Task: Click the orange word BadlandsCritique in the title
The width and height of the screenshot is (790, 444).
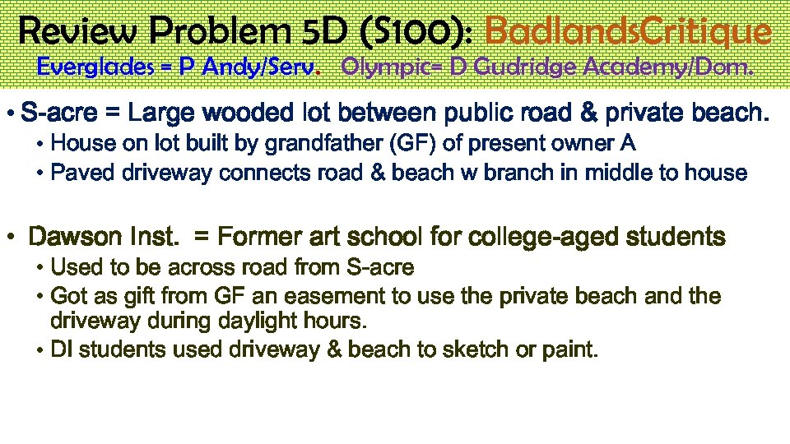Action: [x=629, y=32]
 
